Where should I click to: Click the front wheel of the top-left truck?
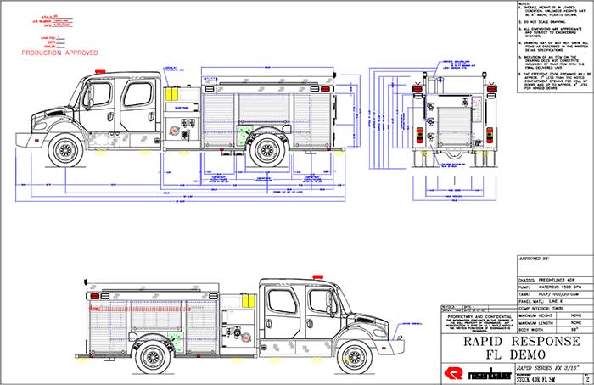click(x=65, y=150)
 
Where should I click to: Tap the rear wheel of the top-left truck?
click(x=266, y=149)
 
